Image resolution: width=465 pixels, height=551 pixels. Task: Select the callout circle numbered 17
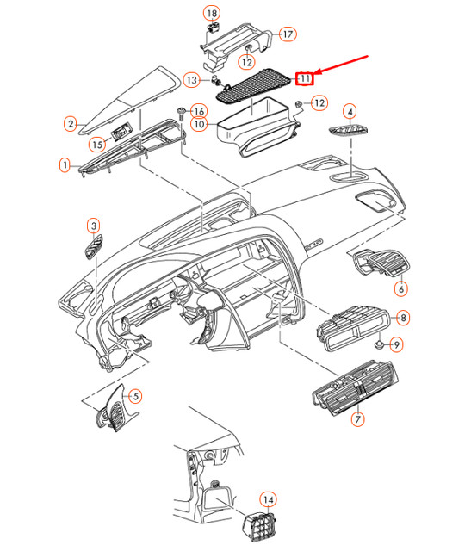(287, 34)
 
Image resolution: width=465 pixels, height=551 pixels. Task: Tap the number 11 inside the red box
(304, 79)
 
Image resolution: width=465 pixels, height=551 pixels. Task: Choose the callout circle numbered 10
(198, 125)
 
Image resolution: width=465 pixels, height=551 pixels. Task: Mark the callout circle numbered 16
(198, 111)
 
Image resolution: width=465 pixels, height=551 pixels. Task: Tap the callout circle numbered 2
(71, 124)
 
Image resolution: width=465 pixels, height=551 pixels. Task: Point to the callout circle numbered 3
(93, 226)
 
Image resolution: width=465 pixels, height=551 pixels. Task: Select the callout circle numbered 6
(400, 288)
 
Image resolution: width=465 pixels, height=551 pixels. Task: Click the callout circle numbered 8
(403, 319)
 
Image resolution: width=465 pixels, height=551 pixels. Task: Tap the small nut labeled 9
(379, 344)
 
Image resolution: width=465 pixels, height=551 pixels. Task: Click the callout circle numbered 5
(134, 397)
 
